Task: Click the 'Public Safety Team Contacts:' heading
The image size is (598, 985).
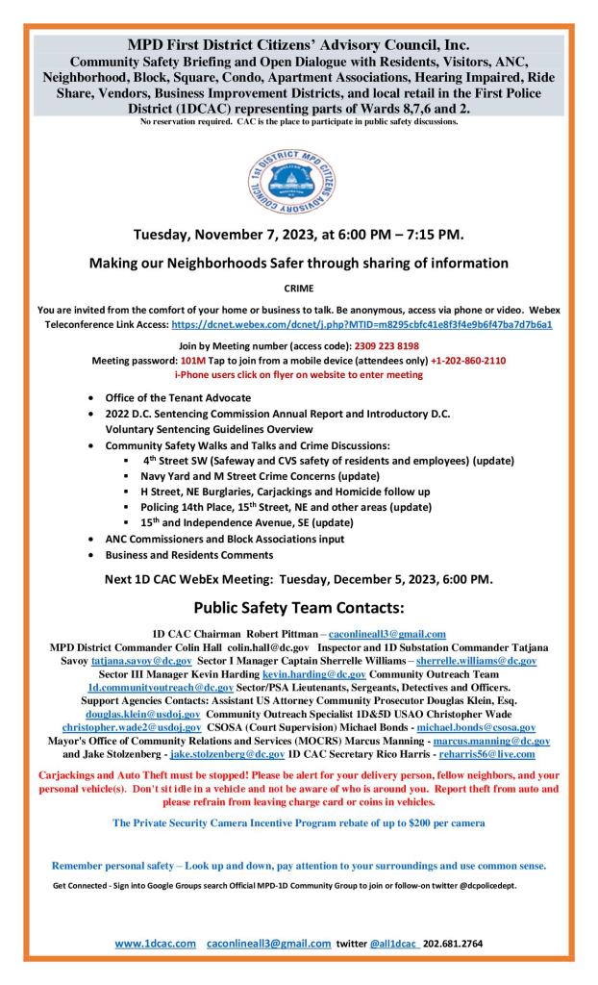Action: (x=298, y=608)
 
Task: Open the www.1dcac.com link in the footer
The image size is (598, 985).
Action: (x=156, y=944)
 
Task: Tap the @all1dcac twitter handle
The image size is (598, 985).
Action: (x=394, y=944)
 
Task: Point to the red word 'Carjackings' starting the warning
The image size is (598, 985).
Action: (x=69, y=774)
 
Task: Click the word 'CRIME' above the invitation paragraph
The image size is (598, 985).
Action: (x=298, y=287)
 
